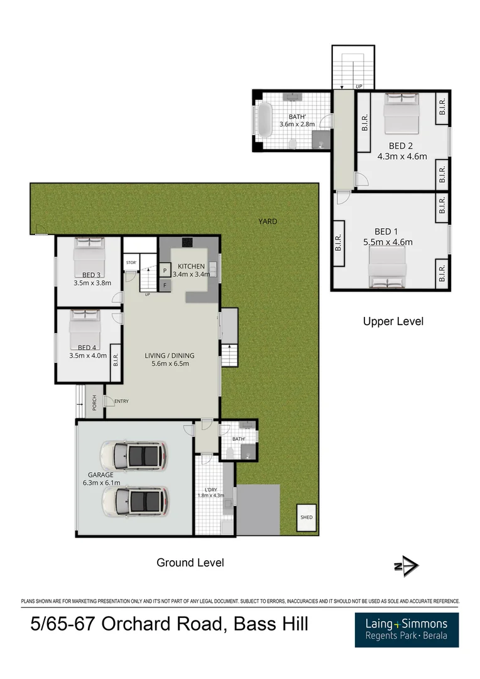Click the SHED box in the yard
(306, 517)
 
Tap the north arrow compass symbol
(406, 566)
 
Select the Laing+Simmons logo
(406, 629)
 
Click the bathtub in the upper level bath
(265, 120)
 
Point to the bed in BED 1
(388, 264)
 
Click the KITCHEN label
(191, 267)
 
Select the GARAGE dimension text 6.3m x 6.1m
(101, 483)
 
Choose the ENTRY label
(121, 400)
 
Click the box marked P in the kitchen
(165, 271)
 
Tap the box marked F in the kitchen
(165, 285)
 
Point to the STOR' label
(131, 263)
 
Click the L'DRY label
(211, 490)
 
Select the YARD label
(268, 221)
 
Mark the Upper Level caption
(393, 321)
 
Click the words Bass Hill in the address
(271, 625)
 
